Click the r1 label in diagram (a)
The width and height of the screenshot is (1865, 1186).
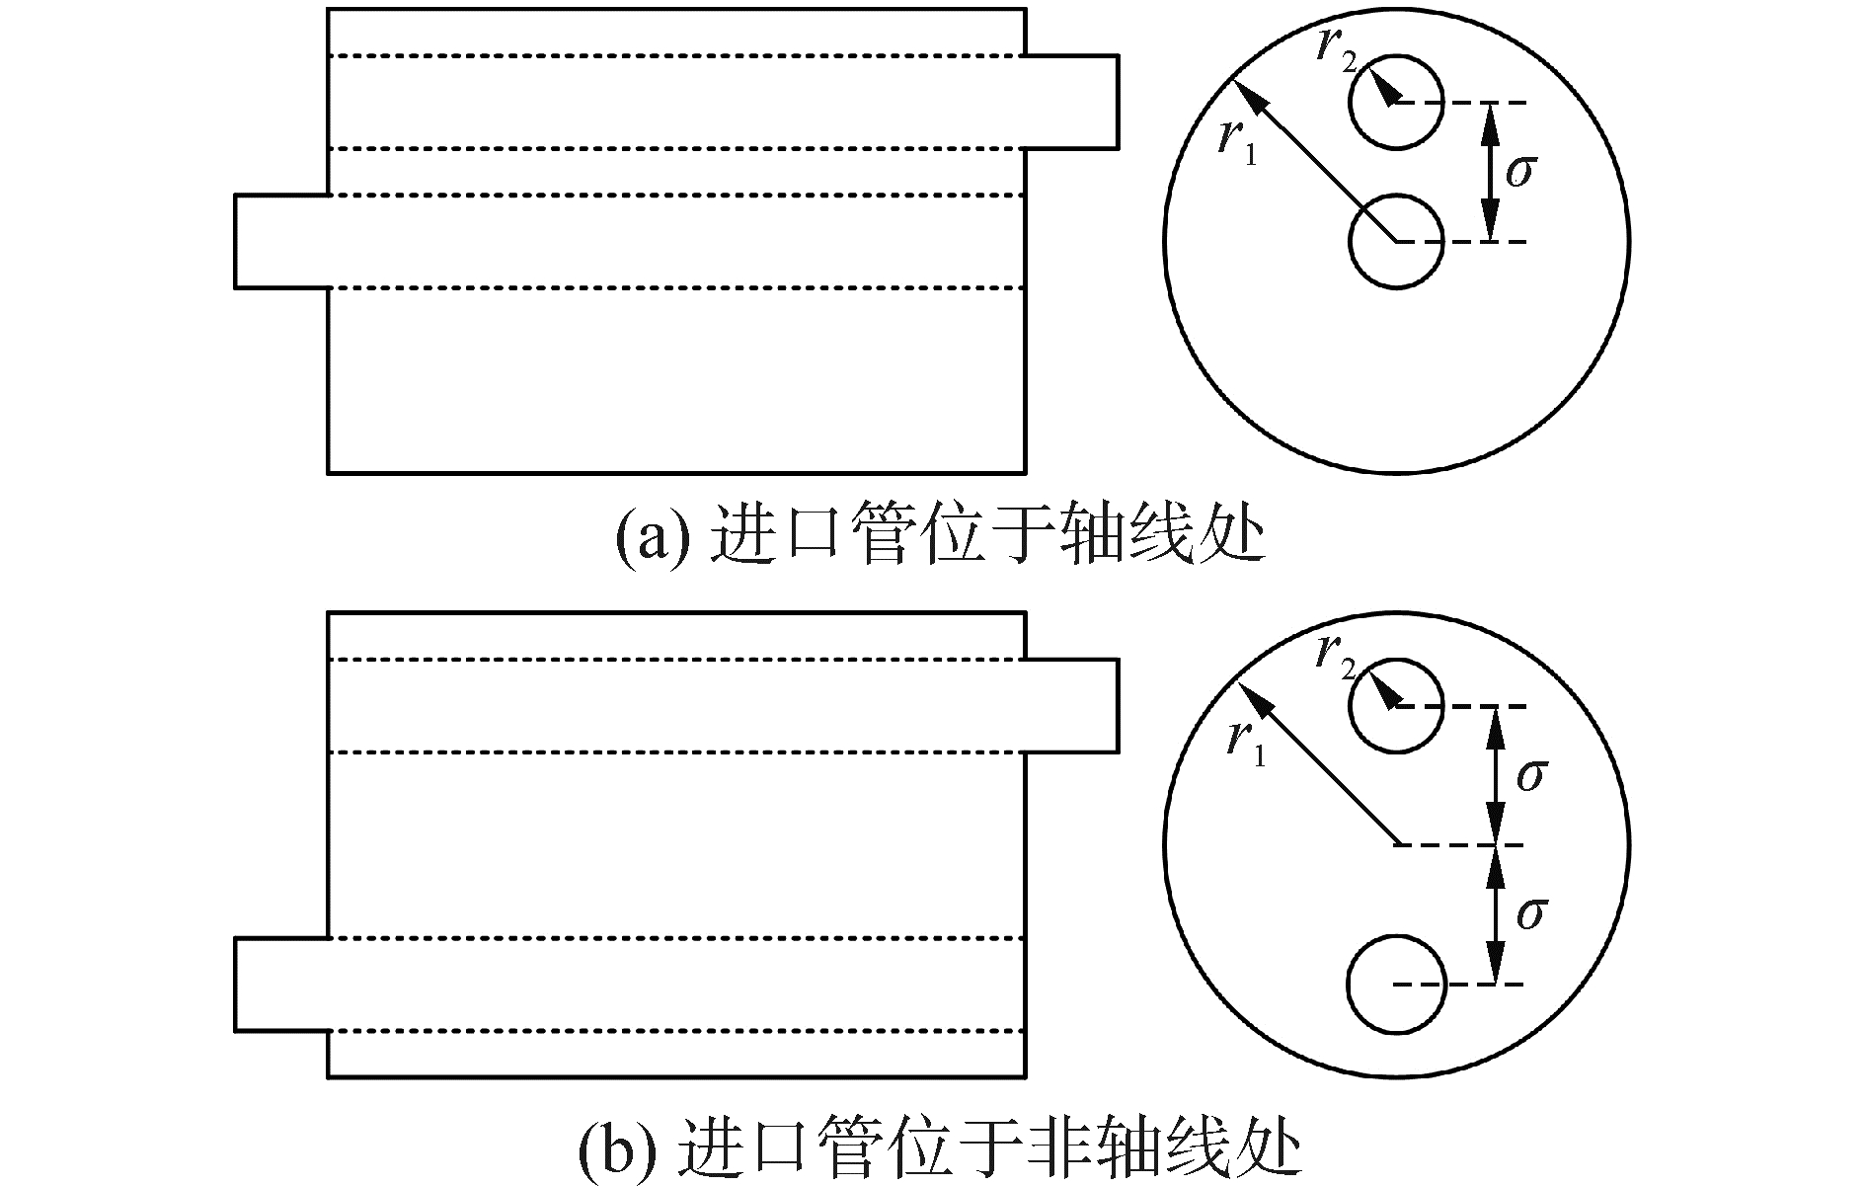[1236, 142]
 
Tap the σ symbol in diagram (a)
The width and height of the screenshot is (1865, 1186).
[1520, 172]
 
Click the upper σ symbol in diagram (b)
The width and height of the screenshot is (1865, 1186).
[1530, 775]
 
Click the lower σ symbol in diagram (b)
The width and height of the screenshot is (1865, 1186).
[1530, 913]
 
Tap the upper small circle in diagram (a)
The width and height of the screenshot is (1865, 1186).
[1396, 103]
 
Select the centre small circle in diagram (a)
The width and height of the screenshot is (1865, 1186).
[1396, 242]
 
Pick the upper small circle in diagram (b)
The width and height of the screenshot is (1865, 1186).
[1396, 706]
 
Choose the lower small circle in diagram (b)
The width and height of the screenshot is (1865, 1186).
[1396, 985]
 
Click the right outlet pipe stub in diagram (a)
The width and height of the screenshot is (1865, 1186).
[1072, 102]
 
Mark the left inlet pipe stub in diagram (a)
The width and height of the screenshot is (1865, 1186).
[281, 241]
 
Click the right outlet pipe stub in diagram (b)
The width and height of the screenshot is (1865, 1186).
[1072, 706]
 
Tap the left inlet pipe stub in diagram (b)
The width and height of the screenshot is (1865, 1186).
[281, 985]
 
